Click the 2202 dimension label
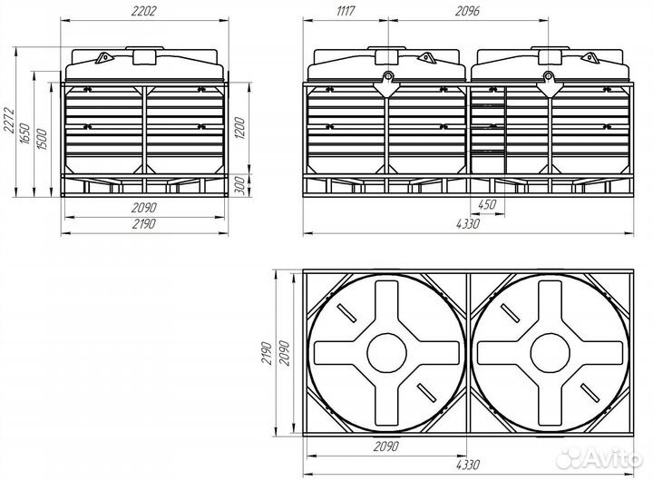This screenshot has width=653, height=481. tap(143, 11)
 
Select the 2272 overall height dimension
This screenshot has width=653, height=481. tap(10, 121)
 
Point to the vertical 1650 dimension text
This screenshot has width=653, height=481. tap(25, 133)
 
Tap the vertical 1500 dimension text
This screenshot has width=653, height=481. tap(42, 139)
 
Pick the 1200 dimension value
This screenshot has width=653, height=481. tap(240, 128)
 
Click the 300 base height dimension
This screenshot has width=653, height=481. tap(240, 184)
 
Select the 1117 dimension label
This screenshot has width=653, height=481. tap(346, 11)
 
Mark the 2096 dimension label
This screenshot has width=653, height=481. tap(467, 11)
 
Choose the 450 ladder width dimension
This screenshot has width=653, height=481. tap(487, 205)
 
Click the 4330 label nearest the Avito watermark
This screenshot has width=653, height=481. tap(468, 465)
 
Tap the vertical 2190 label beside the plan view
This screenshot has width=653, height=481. tap(267, 353)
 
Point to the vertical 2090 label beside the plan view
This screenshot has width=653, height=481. tap(284, 353)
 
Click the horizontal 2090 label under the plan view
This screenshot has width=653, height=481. tap(385, 447)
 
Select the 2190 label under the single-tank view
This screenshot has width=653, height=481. tap(144, 224)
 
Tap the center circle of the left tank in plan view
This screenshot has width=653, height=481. tap(387, 353)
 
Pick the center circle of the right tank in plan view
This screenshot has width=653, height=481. tap(551, 353)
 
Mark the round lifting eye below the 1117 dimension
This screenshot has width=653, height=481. tap(388, 76)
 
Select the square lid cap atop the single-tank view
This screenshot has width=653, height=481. tap(144, 57)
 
